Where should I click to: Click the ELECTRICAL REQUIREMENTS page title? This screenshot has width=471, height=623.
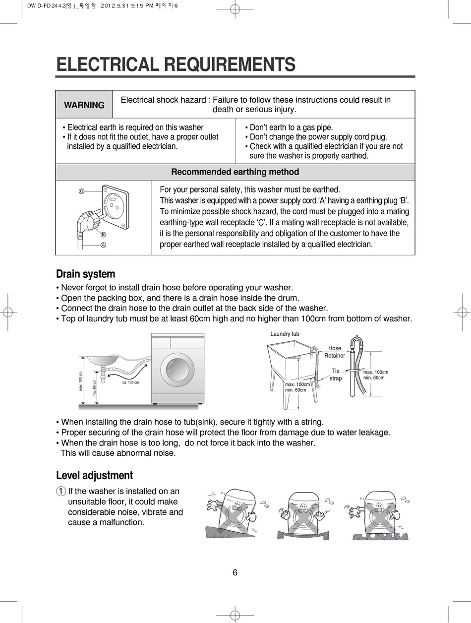pyautogui.click(x=176, y=65)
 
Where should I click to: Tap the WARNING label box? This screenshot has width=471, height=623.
pyautogui.click(x=84, y=105)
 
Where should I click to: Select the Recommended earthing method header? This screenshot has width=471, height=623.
pyautogui.click(x=235, y=172)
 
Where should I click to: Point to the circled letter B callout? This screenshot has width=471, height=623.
pyautogui.click(x=103, y=235)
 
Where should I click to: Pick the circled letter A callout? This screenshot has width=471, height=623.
pyautogui.click(x=103, y=245)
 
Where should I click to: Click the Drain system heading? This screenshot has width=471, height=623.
pyautogui.click(x=85, y=274)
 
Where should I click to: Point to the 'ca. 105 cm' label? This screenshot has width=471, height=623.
pyautogui.click(x=130, y=382)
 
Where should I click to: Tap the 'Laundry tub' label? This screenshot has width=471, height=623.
pyautogui.click(x=285, y=334)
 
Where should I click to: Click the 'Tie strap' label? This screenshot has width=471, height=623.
pyautogui.click(x=336, y=374)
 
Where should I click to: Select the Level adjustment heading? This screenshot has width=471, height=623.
pyautogui.click(x=94, y=476)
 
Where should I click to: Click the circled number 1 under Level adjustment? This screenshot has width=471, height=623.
pyautogui.click(x=60, y=492)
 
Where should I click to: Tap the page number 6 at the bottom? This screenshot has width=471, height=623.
pyautogui.click(x=235, y=573)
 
